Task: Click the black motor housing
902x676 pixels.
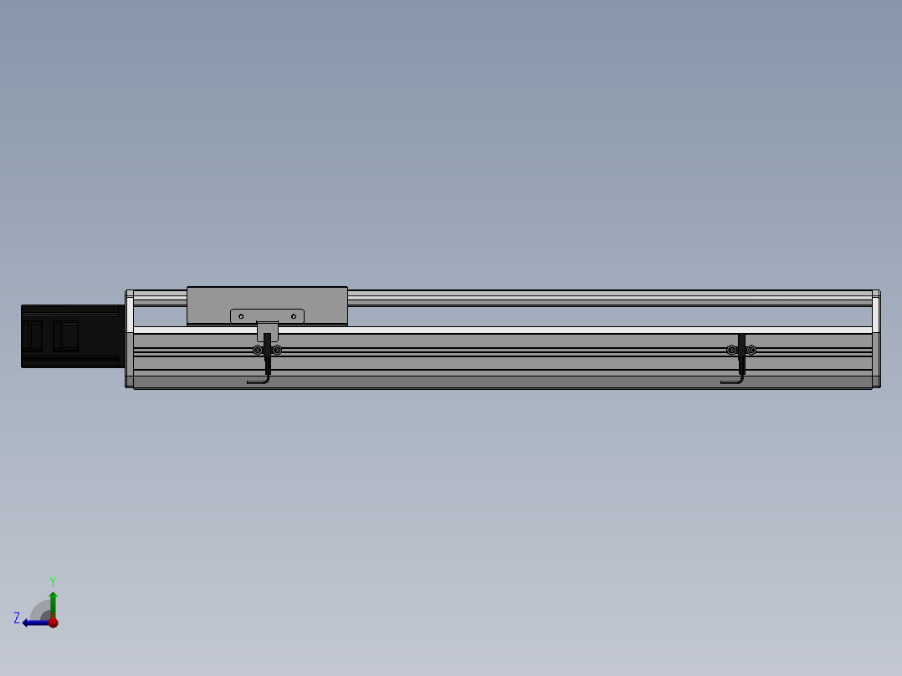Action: (x=73, y=336)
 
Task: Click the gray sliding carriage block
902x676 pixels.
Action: (x=267, y=305)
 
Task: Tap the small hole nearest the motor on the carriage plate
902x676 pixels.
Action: (x=241, y=316)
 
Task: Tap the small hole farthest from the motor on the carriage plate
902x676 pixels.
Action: (x=294, y=316)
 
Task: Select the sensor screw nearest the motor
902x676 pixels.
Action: (x=258, y=350)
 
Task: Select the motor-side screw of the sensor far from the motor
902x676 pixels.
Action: (x=731, y=350)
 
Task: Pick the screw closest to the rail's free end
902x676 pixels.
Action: (x=751, y=350)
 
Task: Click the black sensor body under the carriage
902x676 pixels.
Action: (x=268, y=353)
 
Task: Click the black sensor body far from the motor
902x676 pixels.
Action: (x=741, y=353)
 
